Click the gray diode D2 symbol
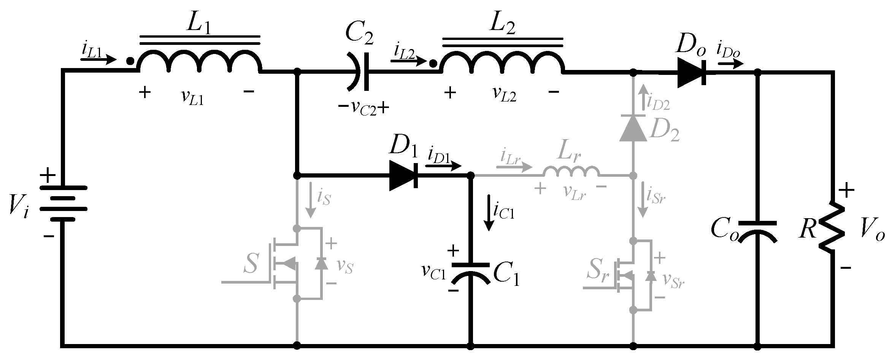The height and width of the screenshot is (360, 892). [x=633, y=128]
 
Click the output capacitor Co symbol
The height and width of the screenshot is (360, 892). [x=757, y=232]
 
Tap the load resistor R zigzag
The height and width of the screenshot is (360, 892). [x=833, y=226]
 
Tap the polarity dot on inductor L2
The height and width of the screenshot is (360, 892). [x=432, y=63]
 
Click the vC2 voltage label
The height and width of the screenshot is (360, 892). [x=363, y=109]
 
